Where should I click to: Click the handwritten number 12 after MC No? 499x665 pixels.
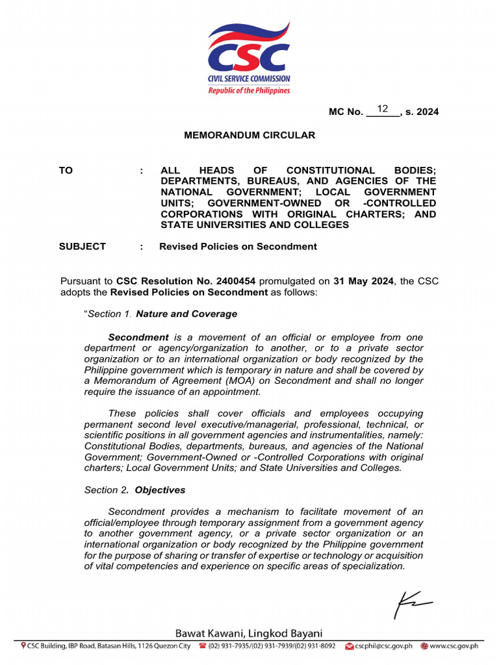383,109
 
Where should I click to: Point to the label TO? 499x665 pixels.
66,170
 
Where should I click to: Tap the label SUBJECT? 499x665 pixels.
83,246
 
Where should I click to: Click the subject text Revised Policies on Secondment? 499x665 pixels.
238,246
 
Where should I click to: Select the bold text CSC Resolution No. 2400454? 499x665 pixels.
186,281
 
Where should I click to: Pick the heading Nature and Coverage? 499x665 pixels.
186,314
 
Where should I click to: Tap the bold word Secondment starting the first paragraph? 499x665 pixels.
138,338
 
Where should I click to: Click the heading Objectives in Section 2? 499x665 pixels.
160,490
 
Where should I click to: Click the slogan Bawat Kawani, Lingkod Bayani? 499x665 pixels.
249,633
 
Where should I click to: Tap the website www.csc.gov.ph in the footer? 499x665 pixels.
454,646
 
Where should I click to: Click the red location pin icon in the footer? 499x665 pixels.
23,646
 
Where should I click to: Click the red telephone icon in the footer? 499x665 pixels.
203,646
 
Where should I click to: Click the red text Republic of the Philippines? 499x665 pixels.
249,90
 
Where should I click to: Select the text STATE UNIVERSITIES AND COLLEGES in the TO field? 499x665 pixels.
255,225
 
